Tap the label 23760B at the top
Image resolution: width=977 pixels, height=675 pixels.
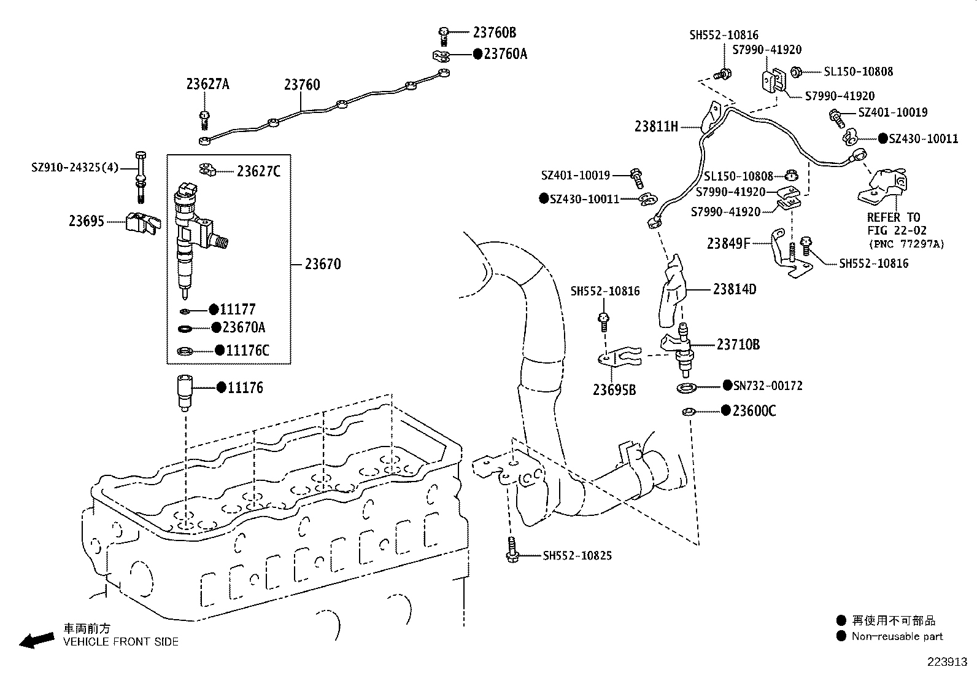(x=494, y=33)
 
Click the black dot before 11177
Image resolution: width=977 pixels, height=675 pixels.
(x=214, y=309)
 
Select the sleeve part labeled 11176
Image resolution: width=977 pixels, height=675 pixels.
(x=183, y=391)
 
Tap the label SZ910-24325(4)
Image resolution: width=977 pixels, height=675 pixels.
(x=75, y=167)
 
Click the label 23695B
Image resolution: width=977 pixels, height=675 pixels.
(x=614, y=390)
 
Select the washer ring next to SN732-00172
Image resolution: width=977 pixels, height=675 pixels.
(x=686, y=388)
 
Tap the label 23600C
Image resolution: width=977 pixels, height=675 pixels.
(x=754, y=411)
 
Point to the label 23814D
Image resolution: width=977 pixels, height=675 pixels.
(x=735, y=289)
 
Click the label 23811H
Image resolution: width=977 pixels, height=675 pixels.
(x=656, y=127)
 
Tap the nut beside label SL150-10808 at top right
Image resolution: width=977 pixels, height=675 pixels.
(x=797, y=72)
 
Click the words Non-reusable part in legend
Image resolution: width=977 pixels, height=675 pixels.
(x=897, y=637)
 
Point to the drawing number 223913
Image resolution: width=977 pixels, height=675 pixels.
(x=946, y=663)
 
